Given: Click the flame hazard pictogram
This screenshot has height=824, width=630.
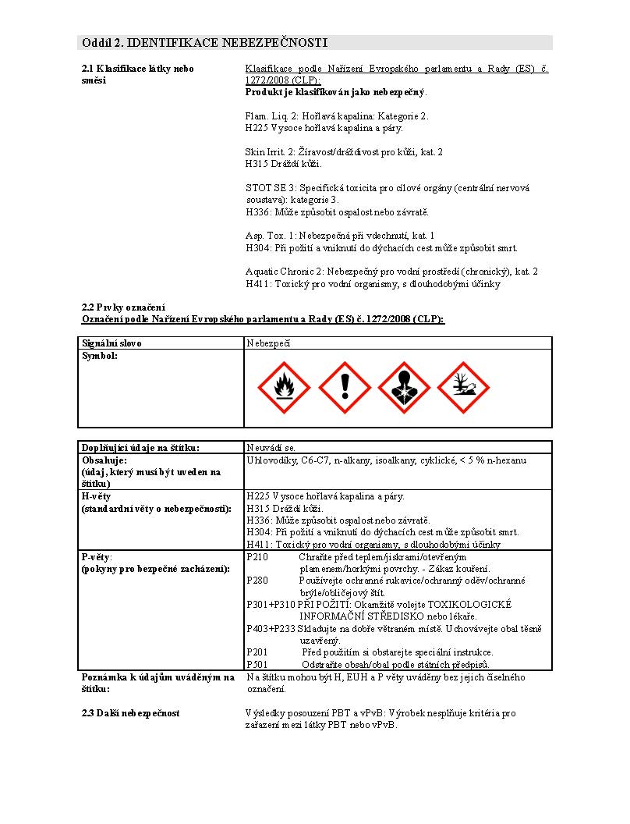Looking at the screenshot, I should (284, 388).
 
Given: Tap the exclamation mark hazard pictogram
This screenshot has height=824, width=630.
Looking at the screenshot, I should (344, 388).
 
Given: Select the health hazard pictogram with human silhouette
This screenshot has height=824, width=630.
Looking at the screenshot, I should (404, 388).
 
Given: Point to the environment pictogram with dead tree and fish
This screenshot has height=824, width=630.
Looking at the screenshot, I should (464, 388).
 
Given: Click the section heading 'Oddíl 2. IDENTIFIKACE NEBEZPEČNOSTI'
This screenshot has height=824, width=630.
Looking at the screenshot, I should (204, 42).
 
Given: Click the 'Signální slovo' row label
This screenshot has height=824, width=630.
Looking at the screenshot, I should (112, 343).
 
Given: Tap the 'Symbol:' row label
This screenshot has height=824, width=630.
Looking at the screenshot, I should (100, 356).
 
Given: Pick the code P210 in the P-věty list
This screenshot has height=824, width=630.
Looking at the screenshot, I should (257, 557).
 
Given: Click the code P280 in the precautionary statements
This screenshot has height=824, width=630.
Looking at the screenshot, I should (257, 581).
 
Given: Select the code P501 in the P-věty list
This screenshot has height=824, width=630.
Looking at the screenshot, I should (257, 664).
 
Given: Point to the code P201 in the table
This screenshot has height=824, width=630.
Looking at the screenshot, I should (257, 652).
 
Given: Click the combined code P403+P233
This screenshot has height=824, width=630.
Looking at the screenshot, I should (271, 628).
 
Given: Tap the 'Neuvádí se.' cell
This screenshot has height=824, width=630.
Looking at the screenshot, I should (271, 448).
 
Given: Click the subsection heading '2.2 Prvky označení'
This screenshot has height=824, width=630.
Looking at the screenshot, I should (123, 307).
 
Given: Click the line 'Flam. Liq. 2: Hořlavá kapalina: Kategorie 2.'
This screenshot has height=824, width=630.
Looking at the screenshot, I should (337, 116).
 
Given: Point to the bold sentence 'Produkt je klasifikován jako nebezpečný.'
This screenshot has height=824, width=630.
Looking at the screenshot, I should (336, 92).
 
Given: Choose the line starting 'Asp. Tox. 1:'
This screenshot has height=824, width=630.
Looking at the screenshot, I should (339, 235).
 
